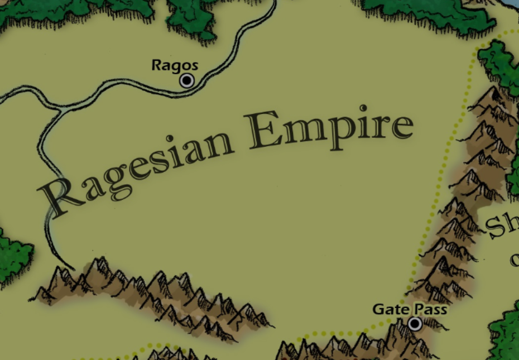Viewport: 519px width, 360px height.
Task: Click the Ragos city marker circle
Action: pos(187,81)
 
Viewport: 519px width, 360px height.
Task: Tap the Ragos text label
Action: pos(175,65)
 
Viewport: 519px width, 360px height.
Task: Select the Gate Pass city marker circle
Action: pos(415,324)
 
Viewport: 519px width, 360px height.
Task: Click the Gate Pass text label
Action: pos(410,309)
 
